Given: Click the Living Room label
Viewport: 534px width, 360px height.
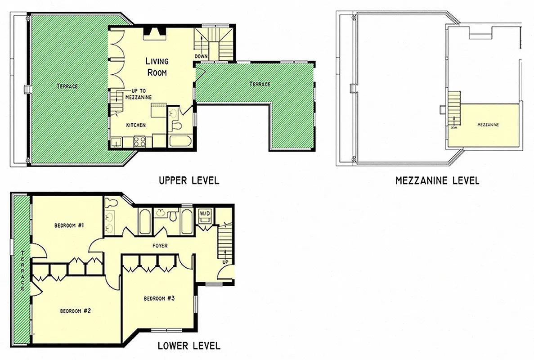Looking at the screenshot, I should (x=156, y=66).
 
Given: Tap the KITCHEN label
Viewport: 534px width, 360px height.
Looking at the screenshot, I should (x=135, y=125).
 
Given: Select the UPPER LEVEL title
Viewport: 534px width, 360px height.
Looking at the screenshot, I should (x=188, y=180).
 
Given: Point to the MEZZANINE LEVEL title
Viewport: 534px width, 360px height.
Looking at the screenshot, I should (x=437, y=181).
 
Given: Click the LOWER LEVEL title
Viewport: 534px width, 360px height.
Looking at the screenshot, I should (x=188, y=346).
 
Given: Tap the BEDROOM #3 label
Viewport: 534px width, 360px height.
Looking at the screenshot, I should (x=159, y=298).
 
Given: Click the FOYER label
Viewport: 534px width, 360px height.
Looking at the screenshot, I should (x=160, y=246).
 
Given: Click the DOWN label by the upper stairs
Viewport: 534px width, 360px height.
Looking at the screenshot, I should (x=201, y=56).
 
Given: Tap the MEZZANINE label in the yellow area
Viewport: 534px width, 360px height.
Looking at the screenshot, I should (x=488, y=125).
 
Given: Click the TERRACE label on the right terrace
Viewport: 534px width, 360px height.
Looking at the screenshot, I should (x=260, y=84).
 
